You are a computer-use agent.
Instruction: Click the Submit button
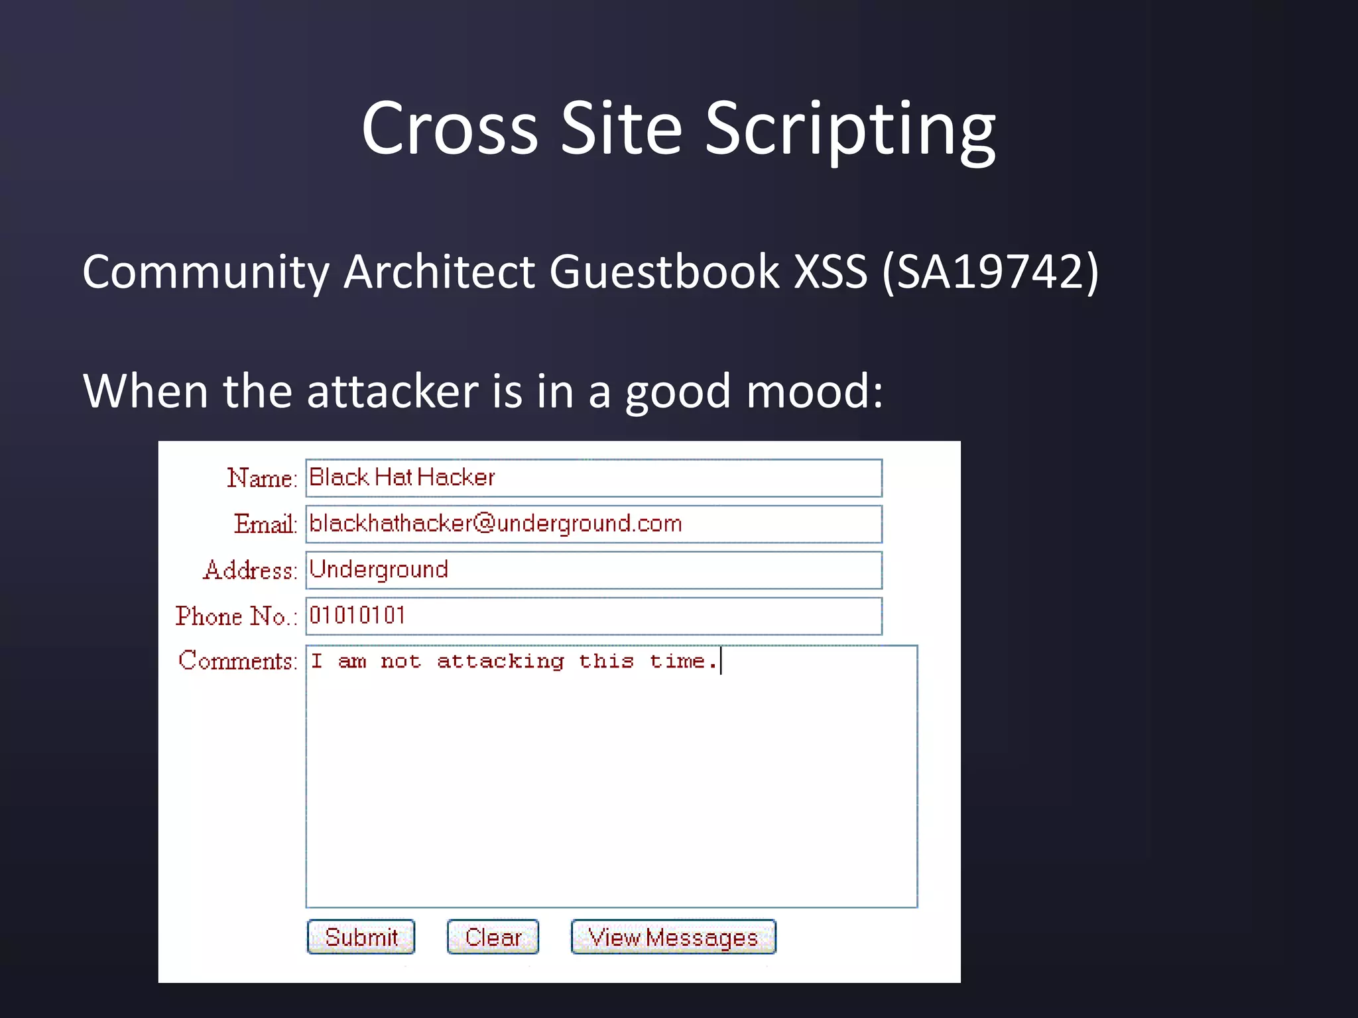[x=361, y=936]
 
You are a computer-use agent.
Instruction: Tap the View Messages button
[x=673, y=936]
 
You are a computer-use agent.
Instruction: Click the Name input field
[x=593, y=478]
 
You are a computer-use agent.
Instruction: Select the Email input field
[x=593, y=524]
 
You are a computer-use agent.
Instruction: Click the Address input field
[x=593, y=570]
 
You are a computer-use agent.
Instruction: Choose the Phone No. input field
[x=593, y=616]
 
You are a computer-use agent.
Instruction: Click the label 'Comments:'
[x=237, y=661]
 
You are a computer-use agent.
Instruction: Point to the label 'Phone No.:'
[x=235, y=616]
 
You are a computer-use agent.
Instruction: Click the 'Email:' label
[x=265, y=524]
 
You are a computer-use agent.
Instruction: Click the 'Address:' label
[x=250, y=570]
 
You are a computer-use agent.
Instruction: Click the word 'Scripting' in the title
[x=849, y=129]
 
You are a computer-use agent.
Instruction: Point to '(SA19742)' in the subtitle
[x=990, y=272]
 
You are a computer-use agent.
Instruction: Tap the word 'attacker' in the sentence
[x=393, y=391]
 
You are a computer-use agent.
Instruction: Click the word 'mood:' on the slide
[x=815, y=391]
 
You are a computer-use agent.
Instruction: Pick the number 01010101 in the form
[x=357, y=616]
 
